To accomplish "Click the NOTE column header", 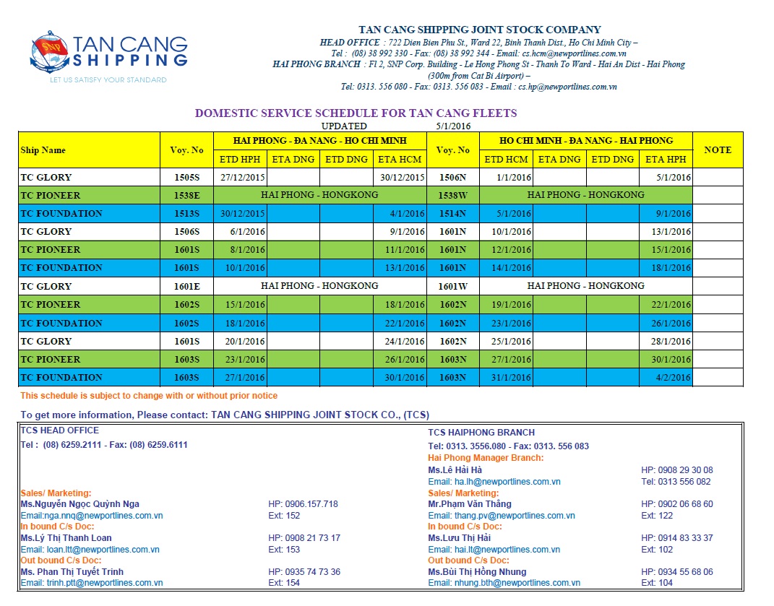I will [717, 150].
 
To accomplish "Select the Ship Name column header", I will [43, 150].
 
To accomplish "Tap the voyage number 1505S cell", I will [186, 177].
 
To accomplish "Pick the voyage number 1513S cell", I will [186, 213].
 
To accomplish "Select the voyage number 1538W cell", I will [452, 195].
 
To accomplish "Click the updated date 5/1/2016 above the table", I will [453, 126].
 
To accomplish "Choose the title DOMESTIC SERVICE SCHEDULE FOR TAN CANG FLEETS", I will [356, 113].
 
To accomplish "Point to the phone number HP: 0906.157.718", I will [303, 504].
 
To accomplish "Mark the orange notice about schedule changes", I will [149, 396].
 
